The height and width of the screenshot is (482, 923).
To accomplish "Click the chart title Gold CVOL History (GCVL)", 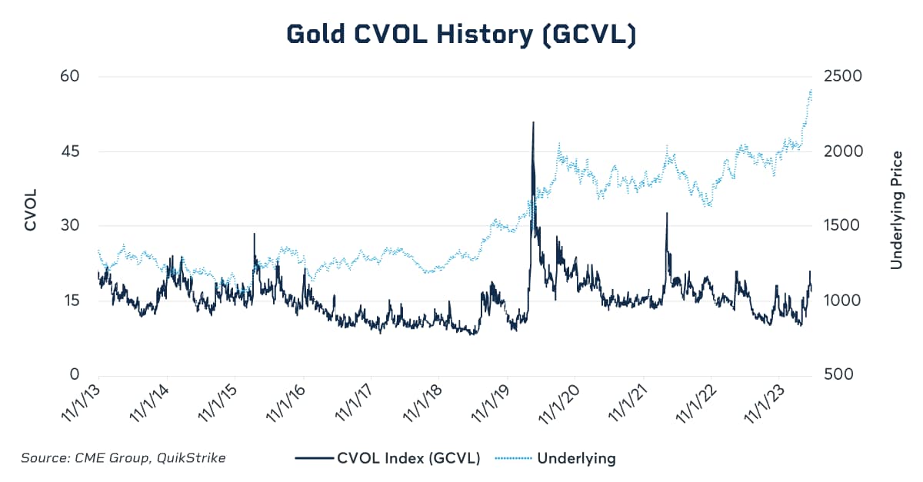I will pos(461,34).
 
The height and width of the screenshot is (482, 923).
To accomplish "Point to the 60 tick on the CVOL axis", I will pos(68,77).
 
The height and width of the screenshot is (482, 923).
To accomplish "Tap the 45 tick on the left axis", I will pos(68,151).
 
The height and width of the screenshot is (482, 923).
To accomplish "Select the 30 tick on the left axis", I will pos(68,226).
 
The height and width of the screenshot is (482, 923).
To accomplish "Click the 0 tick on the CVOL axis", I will pos(75,375).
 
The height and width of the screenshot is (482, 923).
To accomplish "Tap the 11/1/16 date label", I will pos(285,404).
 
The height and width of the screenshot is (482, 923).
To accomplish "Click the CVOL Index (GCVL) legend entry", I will pos(408,459).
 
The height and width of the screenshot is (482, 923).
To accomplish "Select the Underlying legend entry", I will pos(576,459).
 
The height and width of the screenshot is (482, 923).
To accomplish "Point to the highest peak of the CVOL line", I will pos(533,122).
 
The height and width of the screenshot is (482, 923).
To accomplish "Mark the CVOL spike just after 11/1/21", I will pos(667,213).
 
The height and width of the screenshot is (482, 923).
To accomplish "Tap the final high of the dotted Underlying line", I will pos(811,90).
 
